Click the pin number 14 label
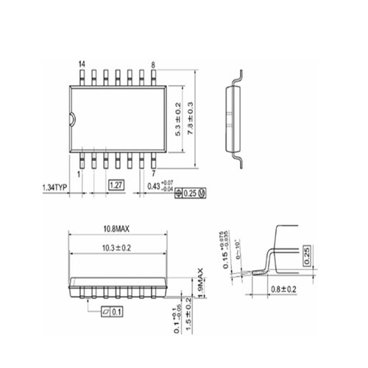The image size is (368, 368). tap(82, 66)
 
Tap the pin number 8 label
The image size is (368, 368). tap(152, 66)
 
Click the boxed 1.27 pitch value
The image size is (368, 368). tap(116, 185)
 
